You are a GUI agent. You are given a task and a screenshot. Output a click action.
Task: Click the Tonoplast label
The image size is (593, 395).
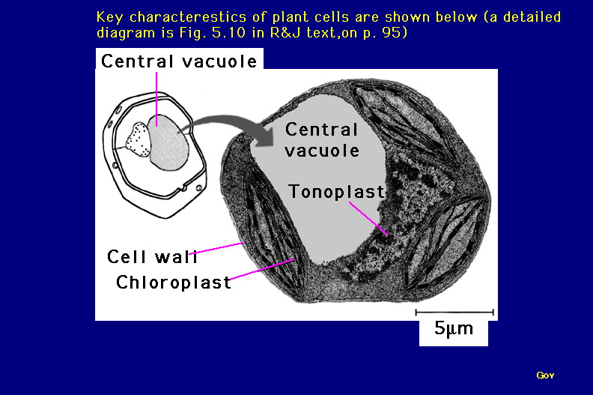coord(337,192)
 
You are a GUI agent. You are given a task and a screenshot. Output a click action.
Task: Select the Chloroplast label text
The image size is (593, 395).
coord(174,282)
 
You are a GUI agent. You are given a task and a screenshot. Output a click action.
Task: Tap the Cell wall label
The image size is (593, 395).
coord(152,257)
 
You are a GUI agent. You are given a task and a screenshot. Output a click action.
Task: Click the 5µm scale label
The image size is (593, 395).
coord(454,328)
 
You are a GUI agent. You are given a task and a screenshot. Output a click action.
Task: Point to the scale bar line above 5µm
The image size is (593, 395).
coord(454,313)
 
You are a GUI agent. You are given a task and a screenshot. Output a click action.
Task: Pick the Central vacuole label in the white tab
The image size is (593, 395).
coord(179,61)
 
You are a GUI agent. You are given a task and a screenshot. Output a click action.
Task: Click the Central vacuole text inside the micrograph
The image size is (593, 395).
coord(322,139)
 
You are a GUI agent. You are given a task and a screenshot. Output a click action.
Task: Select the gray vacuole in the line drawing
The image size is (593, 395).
coord(168,142)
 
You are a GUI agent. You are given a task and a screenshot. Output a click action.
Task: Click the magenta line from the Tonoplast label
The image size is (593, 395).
coord(368,219)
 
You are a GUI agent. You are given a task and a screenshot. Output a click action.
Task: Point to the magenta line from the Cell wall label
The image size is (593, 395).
coord(216,248)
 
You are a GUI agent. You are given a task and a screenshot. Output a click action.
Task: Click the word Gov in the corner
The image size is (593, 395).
coord(545,376)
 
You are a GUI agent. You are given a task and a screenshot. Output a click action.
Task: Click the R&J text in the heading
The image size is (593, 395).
coord(285,32)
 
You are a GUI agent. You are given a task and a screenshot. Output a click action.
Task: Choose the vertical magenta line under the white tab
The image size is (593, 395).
coord(156,99)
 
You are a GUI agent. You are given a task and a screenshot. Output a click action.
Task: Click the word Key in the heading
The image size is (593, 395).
coord(109,17)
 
